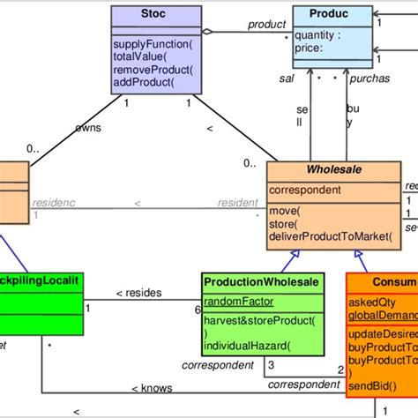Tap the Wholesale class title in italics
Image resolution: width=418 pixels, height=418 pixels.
(x=335, y=169)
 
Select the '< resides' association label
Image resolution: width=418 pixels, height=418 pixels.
(x=141, y=293)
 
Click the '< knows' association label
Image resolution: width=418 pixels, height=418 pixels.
(x=151, y=387)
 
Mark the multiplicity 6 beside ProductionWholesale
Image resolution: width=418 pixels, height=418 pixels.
(x=197, y=310)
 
